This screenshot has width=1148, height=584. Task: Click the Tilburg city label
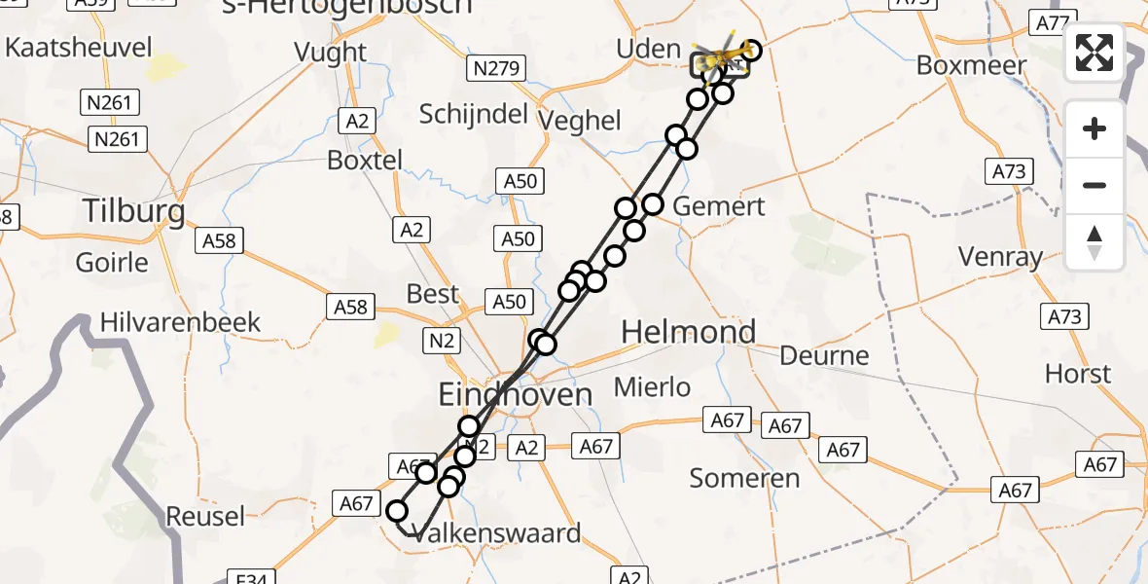tap(134, 211)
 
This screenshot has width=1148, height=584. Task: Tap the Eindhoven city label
tap(515, 394)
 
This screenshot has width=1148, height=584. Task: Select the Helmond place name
tap(688, 333)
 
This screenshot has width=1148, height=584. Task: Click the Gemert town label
tap(719, 206)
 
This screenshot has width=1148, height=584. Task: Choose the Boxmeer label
tap(972, 66)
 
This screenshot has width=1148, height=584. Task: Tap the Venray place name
tap(1000, 258)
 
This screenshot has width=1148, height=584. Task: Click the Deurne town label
tap(824, 355)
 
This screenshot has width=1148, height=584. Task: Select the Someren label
tap(744, 478)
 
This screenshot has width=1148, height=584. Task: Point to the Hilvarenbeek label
tap(180, 322)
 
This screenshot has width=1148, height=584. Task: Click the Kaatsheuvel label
tap(79, 47)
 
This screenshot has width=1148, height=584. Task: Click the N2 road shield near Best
tap(441, 340)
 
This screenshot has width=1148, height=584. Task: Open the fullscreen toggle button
tap(1094, 53)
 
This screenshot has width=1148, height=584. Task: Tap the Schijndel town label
tap(472, 114)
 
